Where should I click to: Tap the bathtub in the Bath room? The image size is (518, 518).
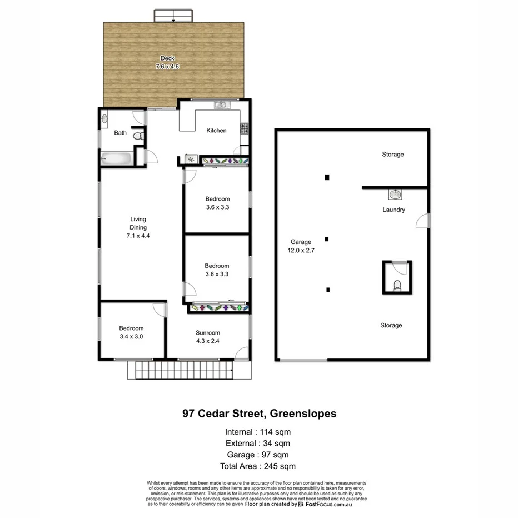click(x=116, y=159)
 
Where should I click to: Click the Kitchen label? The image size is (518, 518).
click(x=216, y=131)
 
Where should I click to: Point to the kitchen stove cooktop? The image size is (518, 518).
click(x=243, y=128)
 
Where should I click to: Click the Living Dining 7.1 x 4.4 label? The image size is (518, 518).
click(x=138, y=227)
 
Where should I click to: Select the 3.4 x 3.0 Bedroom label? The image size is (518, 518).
click(x=132, y=332)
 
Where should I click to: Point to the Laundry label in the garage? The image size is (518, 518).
click(x=394, y=210)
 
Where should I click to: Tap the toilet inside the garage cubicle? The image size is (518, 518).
click(x=397, y=286)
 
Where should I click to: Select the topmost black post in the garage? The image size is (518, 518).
click(x=327, y=177)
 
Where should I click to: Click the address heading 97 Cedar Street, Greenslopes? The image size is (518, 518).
click(x=259, y=414)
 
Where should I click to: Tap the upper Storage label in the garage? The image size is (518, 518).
click(x=392, y=154)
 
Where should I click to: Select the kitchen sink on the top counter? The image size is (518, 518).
click(x=221, y=104)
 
